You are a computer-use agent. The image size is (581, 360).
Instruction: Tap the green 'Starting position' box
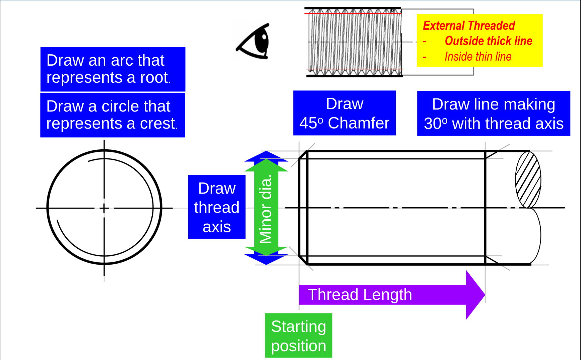coord(299,336)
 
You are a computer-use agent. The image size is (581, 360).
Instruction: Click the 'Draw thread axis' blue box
coord(217,207)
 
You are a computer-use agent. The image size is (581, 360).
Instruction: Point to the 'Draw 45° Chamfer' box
coord(344,113)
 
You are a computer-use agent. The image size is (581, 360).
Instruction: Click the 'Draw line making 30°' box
coord(493,114)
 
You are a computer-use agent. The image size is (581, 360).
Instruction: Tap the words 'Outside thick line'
coord(488,41)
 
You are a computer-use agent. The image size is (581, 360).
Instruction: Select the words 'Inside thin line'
coord(478,57)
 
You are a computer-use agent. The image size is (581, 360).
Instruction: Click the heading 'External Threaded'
coord(469,25)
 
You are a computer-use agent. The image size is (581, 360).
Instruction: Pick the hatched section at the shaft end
coord(528,179)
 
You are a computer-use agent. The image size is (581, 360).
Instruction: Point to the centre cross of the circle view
coord(104,208)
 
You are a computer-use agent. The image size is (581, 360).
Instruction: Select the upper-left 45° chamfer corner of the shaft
coord(303,155)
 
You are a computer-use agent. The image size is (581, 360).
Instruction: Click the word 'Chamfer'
coord(359,123)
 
